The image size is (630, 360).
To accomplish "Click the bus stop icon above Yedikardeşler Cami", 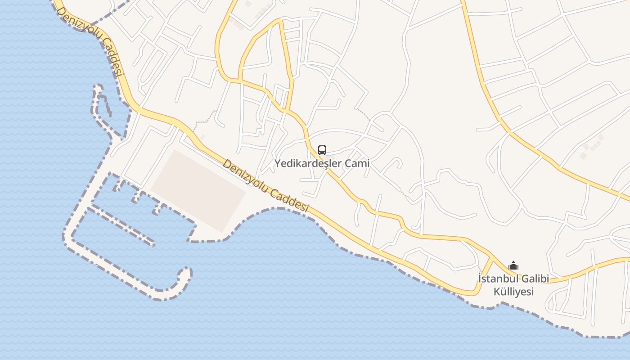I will pos(322,150).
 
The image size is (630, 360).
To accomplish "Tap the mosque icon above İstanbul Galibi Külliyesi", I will pos(513,266).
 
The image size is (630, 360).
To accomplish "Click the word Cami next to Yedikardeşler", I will pos(357,163).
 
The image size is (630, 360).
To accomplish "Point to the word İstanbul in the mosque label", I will pos(497,279).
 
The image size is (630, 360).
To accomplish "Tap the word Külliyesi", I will pos(513,292).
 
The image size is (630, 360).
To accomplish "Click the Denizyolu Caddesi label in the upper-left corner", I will pos(90,40).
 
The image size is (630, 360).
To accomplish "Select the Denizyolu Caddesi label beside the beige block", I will pos(265,185).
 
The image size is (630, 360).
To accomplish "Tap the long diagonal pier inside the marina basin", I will pos(121,225).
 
